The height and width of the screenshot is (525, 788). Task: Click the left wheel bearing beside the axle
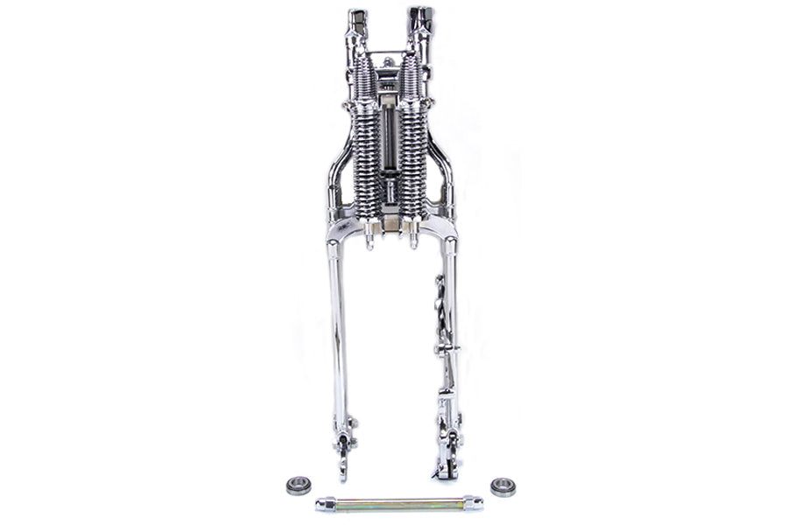click(299, 485)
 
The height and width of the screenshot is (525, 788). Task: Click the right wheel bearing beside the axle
click(503, 486)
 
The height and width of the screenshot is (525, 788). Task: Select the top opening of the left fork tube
click(356, 16)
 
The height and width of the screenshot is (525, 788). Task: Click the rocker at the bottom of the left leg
click(343, 442)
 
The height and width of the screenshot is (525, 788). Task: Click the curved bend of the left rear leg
click(338, 162)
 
